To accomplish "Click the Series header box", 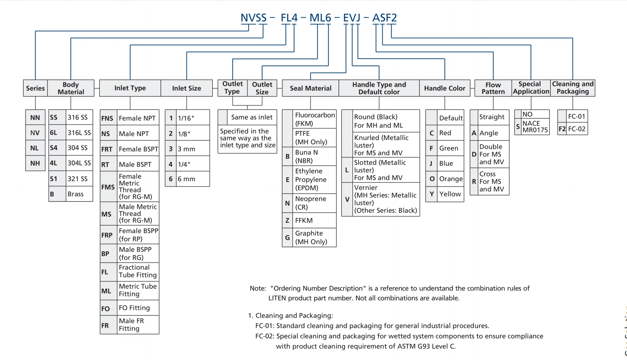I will pos(35,88).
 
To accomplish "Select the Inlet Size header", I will pos(186,88).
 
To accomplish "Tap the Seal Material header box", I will pos(310,88).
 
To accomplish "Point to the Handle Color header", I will pos(445,88).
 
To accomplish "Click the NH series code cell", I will pos(35,163).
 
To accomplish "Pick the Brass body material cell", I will pos(76,194).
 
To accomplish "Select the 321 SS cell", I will pos(78,178).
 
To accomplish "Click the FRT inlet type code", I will pos(107,149).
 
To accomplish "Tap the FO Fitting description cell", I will pos(134,308).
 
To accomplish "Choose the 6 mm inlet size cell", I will pos(187,179).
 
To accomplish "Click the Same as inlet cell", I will pos(252,117).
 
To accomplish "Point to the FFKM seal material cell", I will pos(304,220).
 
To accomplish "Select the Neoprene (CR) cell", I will pos(310,203).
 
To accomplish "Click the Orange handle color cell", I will pos(451,179).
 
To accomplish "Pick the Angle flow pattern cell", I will pos(489,133).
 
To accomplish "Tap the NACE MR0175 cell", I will pos(535,127).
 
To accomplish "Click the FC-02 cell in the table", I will pos(577,129).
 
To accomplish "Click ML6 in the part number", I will pos(320,18).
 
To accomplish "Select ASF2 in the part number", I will pos(384,18).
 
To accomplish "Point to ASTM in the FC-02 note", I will pos(406,346).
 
